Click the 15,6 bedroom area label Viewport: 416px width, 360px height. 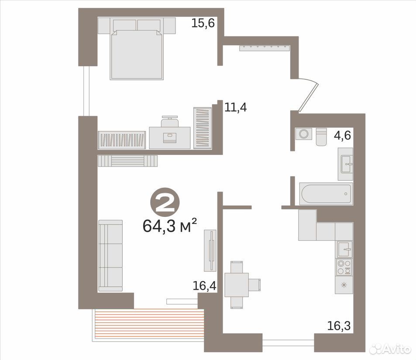(203, 24)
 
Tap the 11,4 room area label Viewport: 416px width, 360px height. (236, 107)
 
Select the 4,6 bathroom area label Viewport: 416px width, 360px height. (342, 135)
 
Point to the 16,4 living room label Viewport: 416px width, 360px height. (204, 286)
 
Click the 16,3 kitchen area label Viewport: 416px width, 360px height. (339, 326)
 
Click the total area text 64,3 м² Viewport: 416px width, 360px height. (170, 226)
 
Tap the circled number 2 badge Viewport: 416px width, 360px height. (165, 203)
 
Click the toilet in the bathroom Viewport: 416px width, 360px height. (321, 137)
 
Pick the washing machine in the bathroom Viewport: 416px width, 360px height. (304, 134)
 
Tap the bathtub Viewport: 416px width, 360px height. (326, 194)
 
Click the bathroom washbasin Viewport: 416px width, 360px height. (345, 164)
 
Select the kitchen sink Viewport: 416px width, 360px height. (345, 249)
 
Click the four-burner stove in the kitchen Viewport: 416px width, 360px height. (344, 267)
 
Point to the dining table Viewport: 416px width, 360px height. (237, 285)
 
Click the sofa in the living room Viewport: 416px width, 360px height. (110, 255)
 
